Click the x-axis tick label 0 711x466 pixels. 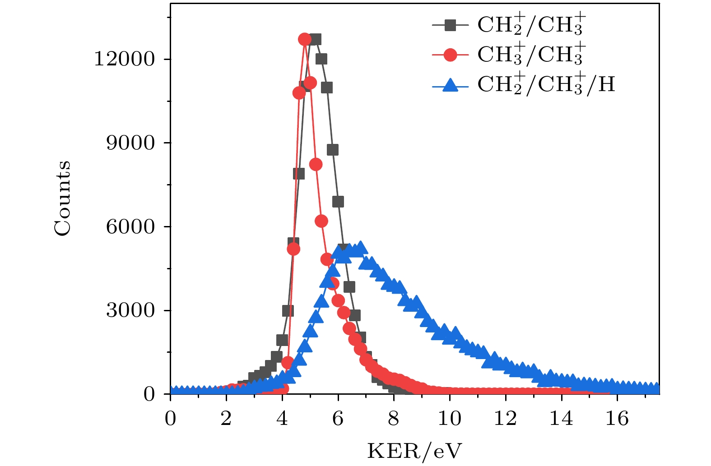point(170,419)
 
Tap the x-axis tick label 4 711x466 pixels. point(282,419)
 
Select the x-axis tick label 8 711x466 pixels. point(394,419)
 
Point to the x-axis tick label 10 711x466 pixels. point(449,419)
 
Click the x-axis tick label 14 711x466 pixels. point(561,419)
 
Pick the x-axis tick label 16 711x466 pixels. point(617,419)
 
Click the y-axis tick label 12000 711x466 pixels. point(124,59)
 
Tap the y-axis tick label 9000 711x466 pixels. point(130,143)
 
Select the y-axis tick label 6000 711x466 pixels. point(130,226)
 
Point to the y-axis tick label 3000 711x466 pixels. point(130,310)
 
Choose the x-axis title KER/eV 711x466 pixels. point(414,451)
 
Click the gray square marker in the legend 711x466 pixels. point(450,25)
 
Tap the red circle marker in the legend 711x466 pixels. point(450,55)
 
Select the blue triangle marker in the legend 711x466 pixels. point(450,85)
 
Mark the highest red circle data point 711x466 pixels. point(305,39)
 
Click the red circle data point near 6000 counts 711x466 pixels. point(321,221)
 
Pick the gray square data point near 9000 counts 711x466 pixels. point(333,150)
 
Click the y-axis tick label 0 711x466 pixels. point(149,394)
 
